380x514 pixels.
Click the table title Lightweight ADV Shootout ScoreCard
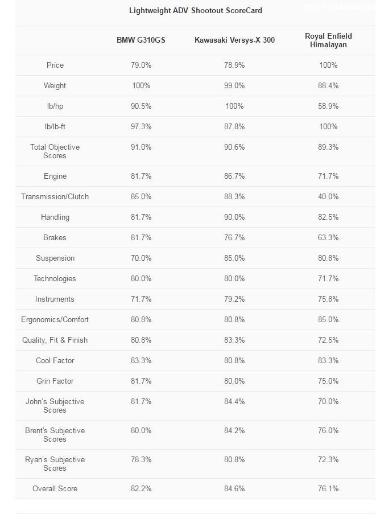[x=195, y=10]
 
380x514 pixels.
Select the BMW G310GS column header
[x=141, y=40]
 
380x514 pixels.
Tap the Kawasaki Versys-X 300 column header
[x=234, y=40]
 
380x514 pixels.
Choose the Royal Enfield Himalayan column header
[x=329, y=40]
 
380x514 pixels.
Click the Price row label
[x=55, y=65]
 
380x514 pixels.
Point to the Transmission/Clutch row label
[x=55, y=197]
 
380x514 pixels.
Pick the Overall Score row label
[x=55, y=489]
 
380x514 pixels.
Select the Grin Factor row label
[x=55, y=381]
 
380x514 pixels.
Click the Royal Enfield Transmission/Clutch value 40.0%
[x=329, y=197]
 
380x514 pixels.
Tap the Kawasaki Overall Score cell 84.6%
[x=234, y=489]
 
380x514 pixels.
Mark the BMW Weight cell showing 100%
[x=141, y=86]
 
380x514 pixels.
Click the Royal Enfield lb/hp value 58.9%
[x=329, y=106]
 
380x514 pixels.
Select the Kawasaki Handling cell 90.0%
[x=234, y=217]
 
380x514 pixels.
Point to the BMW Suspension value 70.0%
[x=141, y=258]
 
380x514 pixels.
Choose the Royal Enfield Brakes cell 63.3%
[x=329, y=238]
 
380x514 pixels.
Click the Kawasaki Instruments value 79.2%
[x=234, y=299]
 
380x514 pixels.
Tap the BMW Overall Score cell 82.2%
[x=141, y=489]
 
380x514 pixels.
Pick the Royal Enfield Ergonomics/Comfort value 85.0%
[x=329, y=320]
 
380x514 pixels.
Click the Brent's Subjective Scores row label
[x=55, y=435]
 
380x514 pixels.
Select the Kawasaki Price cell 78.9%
[x=234, y=65]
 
